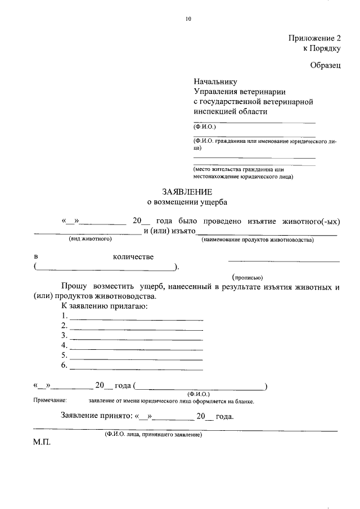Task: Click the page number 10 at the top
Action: (x=188, y=19)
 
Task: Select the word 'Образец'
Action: (x=325, y=65)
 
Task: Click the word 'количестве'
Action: (x=133, y=257)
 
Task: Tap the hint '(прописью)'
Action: (x=248, y=277)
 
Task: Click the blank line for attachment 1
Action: (x=136, y=319)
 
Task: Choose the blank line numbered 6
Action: (x=136, y=369)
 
